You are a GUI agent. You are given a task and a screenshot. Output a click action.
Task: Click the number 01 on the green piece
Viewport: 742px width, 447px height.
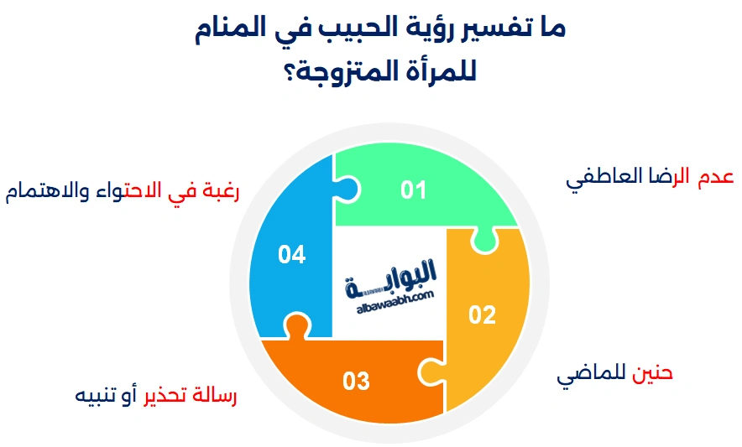(x=413, y=190)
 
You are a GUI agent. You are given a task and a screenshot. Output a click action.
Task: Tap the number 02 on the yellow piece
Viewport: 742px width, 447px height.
(x=482, y=315)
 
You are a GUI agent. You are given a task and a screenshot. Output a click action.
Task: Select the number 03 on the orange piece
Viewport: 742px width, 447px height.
(x=356, y=381)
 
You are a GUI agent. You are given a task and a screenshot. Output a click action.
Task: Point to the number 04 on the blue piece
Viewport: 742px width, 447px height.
(x=291, y=254)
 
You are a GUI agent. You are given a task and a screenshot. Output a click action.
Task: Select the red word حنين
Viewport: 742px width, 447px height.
(x=652, y=372)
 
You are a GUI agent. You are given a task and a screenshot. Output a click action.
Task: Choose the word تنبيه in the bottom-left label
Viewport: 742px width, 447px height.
(x=97, y=396)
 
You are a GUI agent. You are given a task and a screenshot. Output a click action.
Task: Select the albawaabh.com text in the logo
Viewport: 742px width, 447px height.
(x=395, y=302)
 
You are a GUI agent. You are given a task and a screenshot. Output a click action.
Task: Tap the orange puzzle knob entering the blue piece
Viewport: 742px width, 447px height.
(x=296, y=325)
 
